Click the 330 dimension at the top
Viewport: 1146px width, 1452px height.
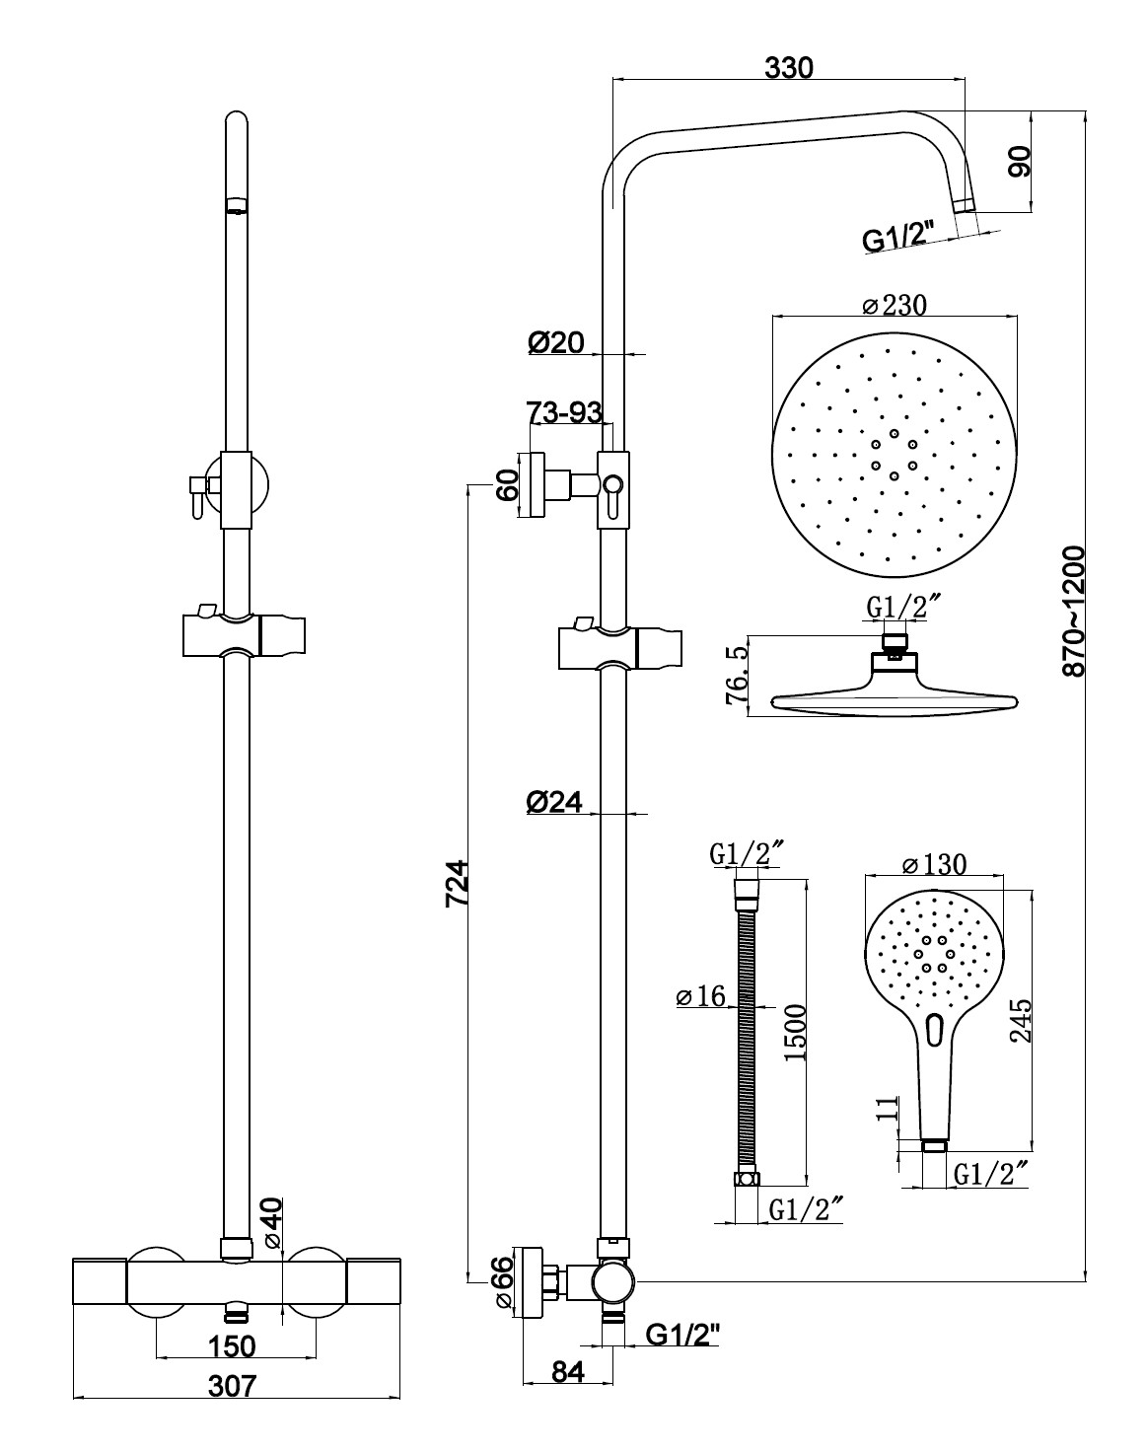click(x=789, y=67)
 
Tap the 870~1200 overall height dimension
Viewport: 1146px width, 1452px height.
click(x=1072, y=612)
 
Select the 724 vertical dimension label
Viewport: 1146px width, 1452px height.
click(x=458, y=883)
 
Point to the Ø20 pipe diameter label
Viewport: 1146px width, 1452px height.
click(x=556, y=342)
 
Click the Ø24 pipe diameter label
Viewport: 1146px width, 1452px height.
click(x=553, y=802)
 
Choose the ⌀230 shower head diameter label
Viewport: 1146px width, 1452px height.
click(x=895, y=305)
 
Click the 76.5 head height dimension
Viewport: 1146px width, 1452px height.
click(x=737, y=676)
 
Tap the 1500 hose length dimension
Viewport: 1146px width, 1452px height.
click(x=796, y=1033)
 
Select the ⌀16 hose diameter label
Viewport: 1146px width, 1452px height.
click(x=701, y=996)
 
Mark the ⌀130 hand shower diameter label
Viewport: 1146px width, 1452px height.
click(x=934, y=864)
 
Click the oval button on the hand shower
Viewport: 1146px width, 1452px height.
click(x=934, y=1030)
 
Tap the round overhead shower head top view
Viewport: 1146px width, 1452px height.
click(x=894, y=456)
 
